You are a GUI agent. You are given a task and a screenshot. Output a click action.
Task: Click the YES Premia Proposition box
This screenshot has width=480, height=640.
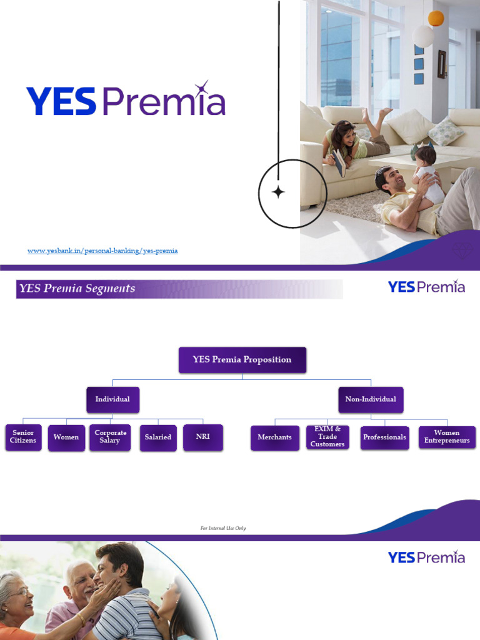[242, 360]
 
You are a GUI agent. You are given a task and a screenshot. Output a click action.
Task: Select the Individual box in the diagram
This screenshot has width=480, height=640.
[112, 399]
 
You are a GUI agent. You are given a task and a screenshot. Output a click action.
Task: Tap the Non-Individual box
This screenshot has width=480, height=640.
[371, 399]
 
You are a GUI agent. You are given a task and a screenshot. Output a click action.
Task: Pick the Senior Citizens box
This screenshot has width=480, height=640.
[23, 437]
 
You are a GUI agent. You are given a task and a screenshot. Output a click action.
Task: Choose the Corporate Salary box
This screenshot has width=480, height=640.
[111, 437]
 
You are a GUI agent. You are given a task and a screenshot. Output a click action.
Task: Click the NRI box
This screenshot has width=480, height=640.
[203, 437]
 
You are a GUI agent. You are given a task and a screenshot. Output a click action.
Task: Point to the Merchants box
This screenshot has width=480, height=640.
[275, 437]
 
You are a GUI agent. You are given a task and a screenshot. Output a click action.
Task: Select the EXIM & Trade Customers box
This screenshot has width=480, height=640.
[327, 437]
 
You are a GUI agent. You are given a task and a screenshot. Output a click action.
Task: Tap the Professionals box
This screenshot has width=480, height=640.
[384, 437]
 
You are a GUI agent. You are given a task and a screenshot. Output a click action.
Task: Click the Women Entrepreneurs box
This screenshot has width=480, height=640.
[447, 437]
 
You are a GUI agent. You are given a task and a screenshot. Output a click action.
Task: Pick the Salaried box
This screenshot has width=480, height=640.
[158, 437]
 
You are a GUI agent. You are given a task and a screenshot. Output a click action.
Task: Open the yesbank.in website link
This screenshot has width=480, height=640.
[102, 251]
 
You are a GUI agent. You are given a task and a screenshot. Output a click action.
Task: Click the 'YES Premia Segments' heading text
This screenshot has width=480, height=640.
[77, 289]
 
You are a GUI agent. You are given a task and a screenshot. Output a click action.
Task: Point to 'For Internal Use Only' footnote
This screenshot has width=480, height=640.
[223, 528]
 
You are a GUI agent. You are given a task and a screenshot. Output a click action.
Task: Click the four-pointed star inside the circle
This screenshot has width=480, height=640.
[278, 192]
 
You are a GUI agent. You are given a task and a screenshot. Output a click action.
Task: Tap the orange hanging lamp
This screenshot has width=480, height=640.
[436, 18]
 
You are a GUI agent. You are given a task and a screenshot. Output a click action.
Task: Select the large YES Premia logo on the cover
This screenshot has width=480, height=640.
[126, 101]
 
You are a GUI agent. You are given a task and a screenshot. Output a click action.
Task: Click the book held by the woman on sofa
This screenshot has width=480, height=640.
[339, 163]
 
